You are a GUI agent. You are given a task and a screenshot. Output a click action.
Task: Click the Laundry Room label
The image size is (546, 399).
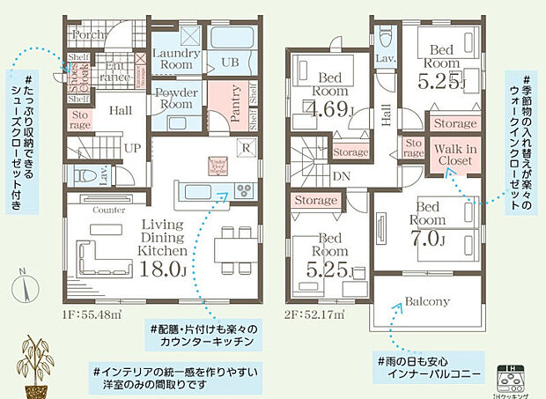pos(176,59)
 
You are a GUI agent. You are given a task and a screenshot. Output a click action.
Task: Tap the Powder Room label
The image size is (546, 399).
pos(176,99)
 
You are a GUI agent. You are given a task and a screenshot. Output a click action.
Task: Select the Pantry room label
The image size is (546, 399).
pos(237,101)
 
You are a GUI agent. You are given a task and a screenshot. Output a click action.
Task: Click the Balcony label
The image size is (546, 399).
pos(427,301)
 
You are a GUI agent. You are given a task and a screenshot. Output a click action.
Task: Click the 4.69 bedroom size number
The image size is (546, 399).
pos(329,110)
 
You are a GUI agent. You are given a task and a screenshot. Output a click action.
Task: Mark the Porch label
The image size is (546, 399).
pos(87,36)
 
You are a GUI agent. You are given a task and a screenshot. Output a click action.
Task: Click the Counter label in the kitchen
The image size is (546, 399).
pos(108,211)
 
